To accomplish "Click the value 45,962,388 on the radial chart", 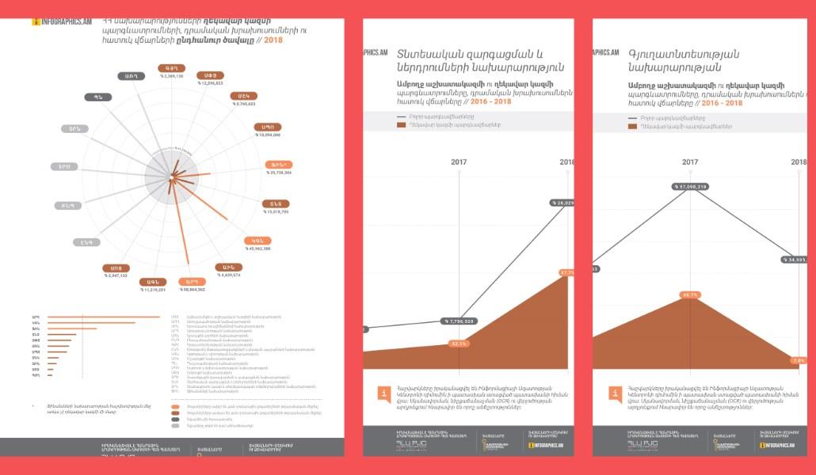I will point(258,249).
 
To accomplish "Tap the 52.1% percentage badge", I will point(459,344).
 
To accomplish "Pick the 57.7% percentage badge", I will point(566,272).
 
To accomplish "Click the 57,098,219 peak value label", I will point(690,187).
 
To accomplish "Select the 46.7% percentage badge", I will point(690,294).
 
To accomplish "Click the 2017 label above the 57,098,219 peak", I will point(690,162).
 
